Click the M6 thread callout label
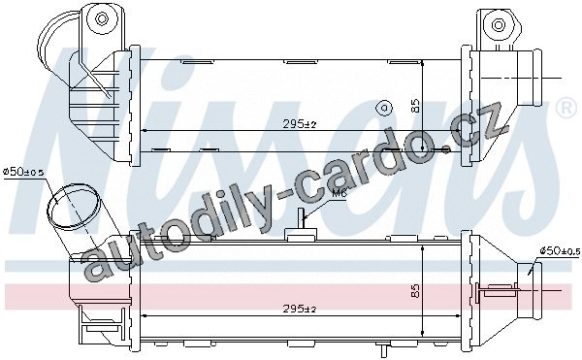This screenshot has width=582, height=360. click(339, 193)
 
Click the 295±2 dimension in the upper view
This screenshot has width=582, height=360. click(299, 124)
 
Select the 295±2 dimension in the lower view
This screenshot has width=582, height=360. click(299, 309)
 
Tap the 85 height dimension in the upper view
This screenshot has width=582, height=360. click(415, 106)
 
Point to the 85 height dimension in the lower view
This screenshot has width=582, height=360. click(415, 290)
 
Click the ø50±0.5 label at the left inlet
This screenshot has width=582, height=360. click(23, 172)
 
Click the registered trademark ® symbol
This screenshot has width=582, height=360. click(567, 109)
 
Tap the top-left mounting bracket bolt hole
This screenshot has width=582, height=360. click(101, 18)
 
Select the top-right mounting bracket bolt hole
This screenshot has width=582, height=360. click(499, 25)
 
